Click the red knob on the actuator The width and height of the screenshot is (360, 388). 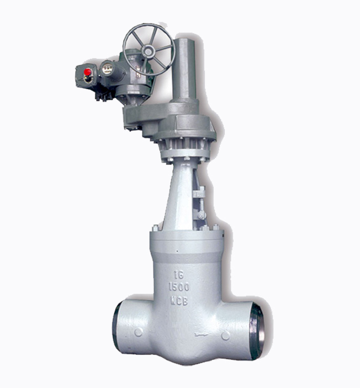coord(87,72)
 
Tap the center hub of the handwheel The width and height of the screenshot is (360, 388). coord(148,52)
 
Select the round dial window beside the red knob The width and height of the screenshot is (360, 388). coord(106,68)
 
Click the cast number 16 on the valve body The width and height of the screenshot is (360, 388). coord(178,274)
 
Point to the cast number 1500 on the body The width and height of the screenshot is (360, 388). coord(179,287)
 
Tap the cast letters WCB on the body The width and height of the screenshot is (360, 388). coord(179,300)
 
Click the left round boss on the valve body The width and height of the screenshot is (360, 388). coord(138,332)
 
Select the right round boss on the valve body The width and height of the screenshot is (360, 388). coord(225,336)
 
